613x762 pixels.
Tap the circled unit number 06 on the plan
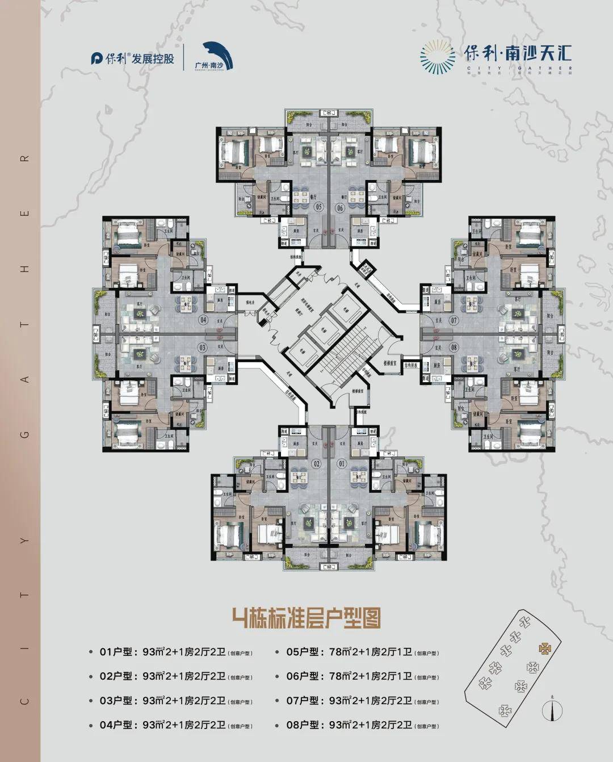coord(340,208)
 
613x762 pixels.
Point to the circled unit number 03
coord(203,347)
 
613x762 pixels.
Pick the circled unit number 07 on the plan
coord(454,321)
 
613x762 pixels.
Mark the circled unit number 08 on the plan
coord(454,347)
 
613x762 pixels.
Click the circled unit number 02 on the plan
coord(317,464)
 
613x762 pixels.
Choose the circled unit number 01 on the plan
coord(342,464)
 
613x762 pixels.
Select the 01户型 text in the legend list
coord(116,652)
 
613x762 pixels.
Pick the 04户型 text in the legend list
coord(116,725)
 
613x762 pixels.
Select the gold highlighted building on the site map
coord(544,648)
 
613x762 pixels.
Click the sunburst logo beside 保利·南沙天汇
coord(438,57)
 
